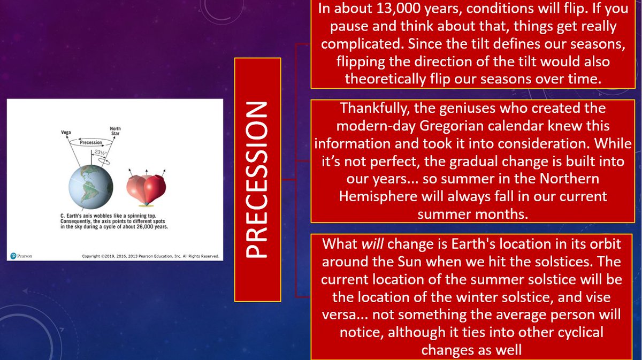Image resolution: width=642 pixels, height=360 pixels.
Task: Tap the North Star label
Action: click(x=115, y=131)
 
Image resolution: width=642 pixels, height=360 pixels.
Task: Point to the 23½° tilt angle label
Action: click(x=99, y=152)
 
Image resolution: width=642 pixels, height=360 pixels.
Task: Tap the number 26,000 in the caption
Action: click(x=144, y=227)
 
